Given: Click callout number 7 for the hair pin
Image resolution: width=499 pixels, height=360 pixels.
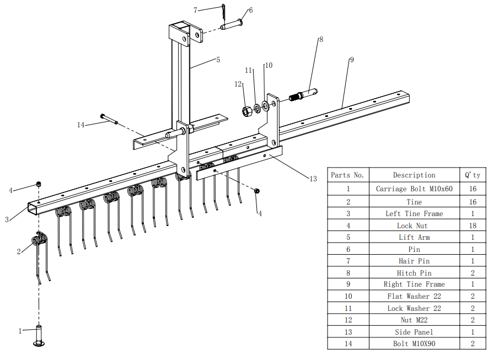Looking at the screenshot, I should (x=195, y=10).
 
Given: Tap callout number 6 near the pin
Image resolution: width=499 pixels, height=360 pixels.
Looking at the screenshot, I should (x=250, y=10).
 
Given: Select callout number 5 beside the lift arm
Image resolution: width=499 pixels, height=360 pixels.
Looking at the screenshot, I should (x=218, y=60).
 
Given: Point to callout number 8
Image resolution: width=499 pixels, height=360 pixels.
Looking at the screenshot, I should (x=321, y=40).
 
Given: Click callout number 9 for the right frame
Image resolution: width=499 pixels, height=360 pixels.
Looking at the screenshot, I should (x=351, y=60).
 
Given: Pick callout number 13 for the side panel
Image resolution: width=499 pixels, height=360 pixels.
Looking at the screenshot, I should (x=313, y=179).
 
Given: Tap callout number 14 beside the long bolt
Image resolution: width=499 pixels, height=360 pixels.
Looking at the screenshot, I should (x=81, y=125).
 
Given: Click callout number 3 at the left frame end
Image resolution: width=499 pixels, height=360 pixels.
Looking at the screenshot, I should (x=7, y=219).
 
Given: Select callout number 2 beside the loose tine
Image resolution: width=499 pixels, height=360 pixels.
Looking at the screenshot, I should (x=19, y=251).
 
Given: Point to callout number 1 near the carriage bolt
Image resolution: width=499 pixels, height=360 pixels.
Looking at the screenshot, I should (x=20, y=331).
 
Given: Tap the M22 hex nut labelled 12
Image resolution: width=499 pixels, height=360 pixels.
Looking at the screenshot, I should (x=247, y=110).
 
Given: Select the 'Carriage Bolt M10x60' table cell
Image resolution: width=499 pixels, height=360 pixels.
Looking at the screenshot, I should (x=414, y=189).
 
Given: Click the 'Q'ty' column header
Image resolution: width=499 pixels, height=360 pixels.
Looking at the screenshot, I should (x=473, y=175).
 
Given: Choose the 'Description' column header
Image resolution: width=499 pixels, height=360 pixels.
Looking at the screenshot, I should (x=414, y=175).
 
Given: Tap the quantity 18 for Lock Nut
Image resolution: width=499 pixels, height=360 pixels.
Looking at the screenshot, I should (x=473, y=225).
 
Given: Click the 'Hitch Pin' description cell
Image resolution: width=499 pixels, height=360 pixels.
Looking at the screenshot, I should (x=414, y=273).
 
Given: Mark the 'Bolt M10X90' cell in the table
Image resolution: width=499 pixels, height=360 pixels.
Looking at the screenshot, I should (x=414, y=344).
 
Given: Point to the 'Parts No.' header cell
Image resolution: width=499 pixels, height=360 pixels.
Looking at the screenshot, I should (x=347, y=175).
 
